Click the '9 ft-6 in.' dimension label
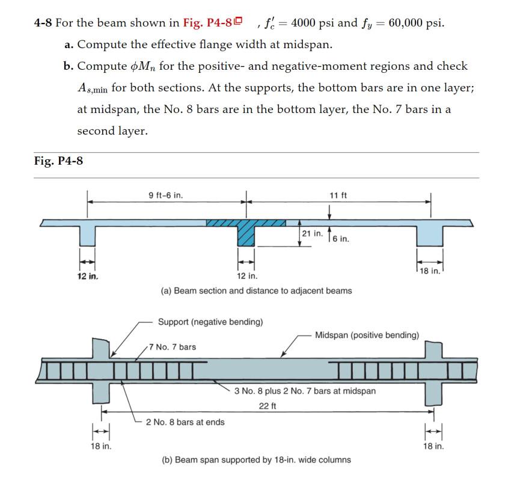[x=166, y=195]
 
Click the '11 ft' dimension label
[x=338, y=195]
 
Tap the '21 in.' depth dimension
[x=312, y=233]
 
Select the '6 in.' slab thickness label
[x=340, y=239]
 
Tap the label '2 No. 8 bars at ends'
[x=185, y=422]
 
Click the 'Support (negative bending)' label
[x=210, y=322]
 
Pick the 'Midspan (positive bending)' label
[x=367, y=335]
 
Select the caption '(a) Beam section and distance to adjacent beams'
[x=256, y=291]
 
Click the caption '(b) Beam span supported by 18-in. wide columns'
[x=256, y=460]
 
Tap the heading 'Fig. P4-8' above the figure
[x=58, y=161]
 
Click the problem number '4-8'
[x=42, y=23]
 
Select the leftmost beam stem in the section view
[x=88, y=234]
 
